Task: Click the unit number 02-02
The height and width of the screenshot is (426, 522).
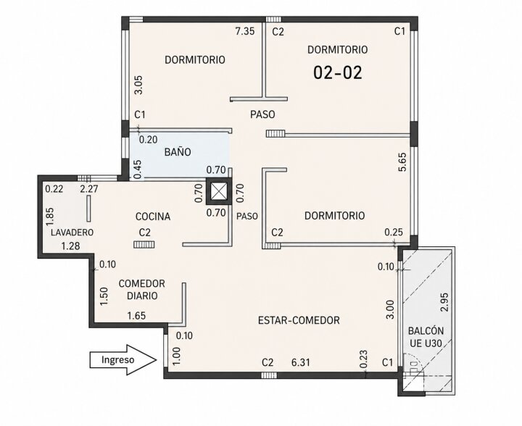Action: [x=338, y=72]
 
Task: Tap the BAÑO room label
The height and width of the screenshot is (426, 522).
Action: [x=178, y=152]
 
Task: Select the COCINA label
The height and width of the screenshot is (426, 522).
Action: [x=153, y=217]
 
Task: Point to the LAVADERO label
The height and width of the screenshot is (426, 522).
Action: [x=72, y=233]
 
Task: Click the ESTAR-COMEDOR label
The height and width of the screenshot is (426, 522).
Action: [x=299, y=320]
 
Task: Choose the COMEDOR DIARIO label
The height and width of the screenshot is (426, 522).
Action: [x=142, y=289]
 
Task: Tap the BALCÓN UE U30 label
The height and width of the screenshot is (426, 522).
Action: [x=426, y=337]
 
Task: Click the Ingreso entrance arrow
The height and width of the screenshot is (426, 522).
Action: [x=123, y=360]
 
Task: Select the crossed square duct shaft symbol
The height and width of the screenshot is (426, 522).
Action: [x=217, y=191]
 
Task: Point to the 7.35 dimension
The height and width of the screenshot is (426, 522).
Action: [x=245, y=31]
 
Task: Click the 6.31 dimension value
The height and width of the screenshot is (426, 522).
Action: [x=301, y=362]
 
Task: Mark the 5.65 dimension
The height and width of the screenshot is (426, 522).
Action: [x=402, y=162]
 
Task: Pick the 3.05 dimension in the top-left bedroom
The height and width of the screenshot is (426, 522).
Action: [x=139, y=85]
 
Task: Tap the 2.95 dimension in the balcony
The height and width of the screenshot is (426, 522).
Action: [x=444, y=301]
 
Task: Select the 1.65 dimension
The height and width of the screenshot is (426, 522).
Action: [x=137, y=315]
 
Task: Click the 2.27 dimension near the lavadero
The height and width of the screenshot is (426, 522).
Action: [x=89, y=189]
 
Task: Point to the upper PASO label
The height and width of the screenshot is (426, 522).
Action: [x=262, y=114]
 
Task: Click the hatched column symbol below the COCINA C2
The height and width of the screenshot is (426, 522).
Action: [x=144, y=245]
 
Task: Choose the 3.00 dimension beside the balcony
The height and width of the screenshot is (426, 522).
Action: [x=390, y=309]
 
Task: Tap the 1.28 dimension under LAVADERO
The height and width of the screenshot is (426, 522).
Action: [x=70, y=246]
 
